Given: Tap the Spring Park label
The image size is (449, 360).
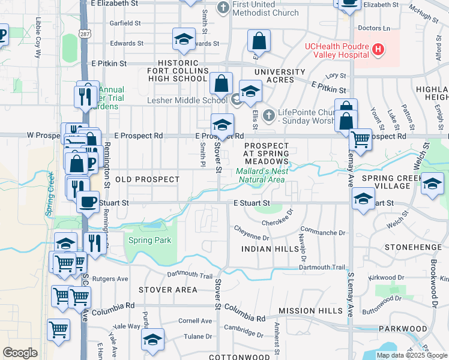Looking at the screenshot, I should click(x=149, y=241).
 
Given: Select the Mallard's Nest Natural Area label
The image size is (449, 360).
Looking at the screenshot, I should click(x=262, y=175).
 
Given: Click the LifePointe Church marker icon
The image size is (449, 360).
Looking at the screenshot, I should click(x=269, y=113).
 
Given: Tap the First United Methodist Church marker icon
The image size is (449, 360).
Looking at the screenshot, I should click(x=223, y=8).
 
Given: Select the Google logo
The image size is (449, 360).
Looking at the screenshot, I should click(x=20, y=353).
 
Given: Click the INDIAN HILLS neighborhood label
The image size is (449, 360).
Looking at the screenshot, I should click(x=270, y=248).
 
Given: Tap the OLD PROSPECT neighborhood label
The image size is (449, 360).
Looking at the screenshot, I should click(x=147, y=179).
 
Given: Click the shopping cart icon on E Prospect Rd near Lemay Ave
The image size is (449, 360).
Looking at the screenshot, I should click(x=360, y=140).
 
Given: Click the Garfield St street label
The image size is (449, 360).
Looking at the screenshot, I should click(x=125, y=23).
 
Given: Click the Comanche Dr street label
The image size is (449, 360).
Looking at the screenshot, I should click(x=324, y=232).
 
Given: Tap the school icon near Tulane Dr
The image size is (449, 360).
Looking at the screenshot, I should click(x=153, y=340).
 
